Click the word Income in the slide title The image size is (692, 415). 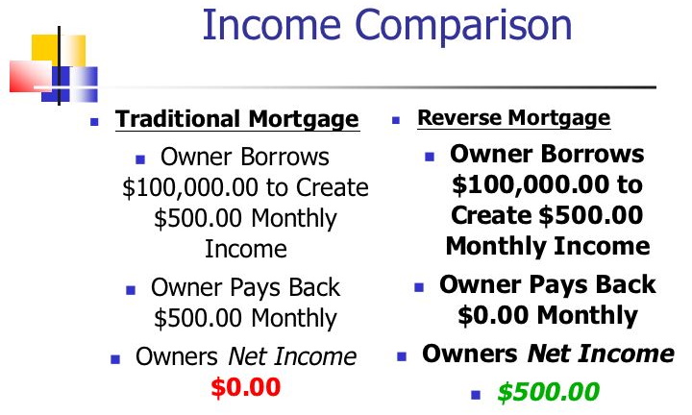point(271,25)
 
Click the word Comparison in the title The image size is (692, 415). point(463,27)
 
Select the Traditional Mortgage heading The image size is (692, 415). point(237,119)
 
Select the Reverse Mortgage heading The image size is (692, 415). point(514,118)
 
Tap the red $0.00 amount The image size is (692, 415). point(246,387)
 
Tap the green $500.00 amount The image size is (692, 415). point(549,392)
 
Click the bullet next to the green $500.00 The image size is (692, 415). point(476,394)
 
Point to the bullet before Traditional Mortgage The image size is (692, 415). point(94,122)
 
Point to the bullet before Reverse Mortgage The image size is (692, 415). point(396,120)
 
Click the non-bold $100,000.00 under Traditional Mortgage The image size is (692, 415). point(189,187)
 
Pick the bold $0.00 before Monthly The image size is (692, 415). point(493,315)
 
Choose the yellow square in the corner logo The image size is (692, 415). point(59,50)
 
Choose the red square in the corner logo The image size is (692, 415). point(30,76)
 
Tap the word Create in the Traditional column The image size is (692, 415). point(332,187)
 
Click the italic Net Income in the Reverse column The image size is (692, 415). point(601,354)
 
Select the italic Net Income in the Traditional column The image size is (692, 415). point(292,356)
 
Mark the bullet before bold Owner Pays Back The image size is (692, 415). point(419,288)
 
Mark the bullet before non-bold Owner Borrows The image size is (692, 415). point(140,159)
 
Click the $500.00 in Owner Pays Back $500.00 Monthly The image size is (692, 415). point(198,318)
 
